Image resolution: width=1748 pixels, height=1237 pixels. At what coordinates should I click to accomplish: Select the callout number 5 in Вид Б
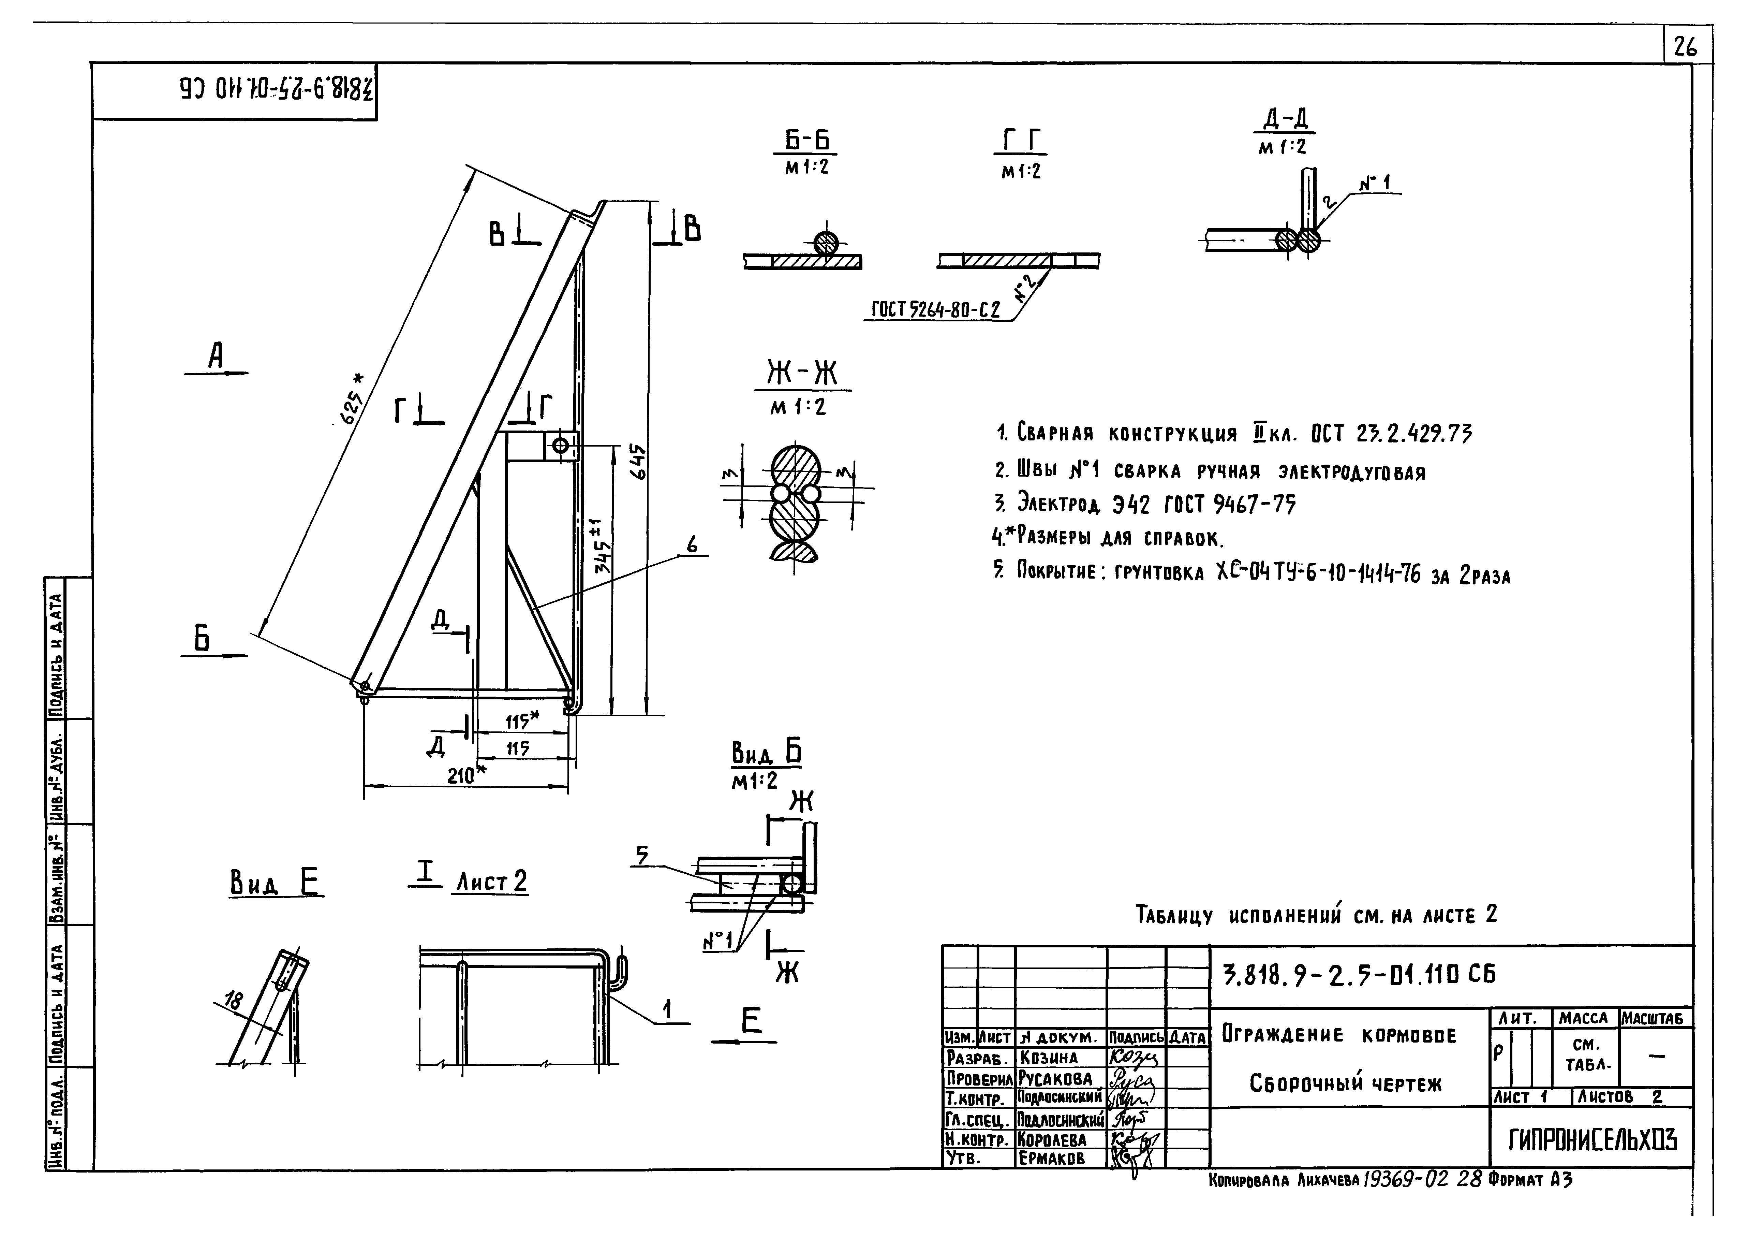coord(642,857)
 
